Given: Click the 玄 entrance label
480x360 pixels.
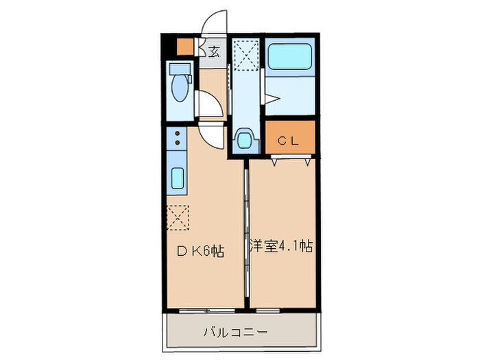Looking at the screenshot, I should point(214,51).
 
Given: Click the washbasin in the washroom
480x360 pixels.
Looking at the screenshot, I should point(245,139).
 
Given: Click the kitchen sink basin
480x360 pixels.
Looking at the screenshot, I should point(177,180).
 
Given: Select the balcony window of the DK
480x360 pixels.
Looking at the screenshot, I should point(204,310).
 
